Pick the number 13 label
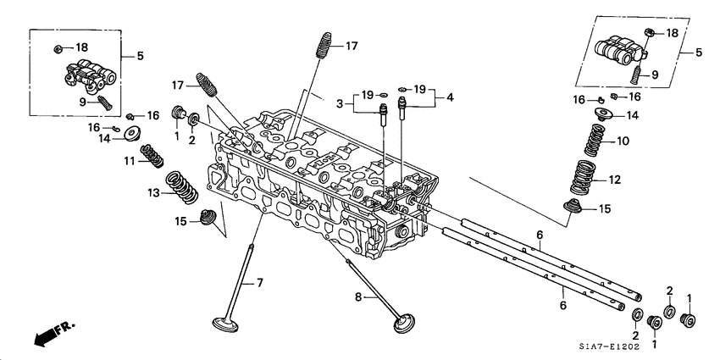click(x=153, y=193)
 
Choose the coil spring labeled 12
click(x=583, y=176)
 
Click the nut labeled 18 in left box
click(x=58, y=46)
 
